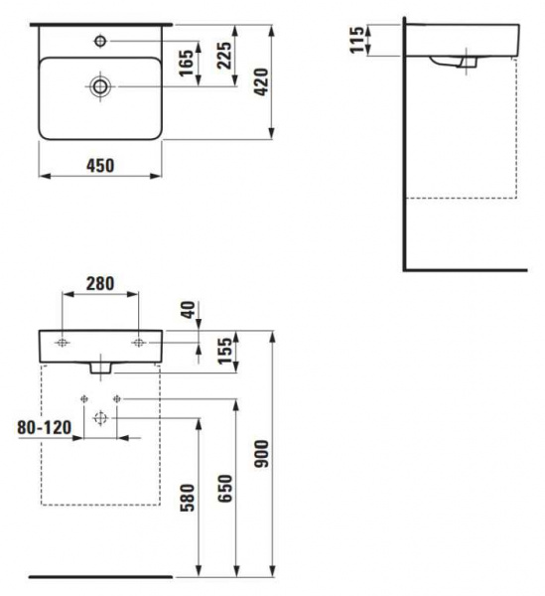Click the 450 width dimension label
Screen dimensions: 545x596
100,166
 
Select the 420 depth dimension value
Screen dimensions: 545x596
261,82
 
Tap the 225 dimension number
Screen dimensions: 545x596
224,56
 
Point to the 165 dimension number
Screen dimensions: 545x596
187,64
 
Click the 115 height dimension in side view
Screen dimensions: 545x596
357,40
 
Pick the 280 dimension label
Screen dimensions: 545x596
100,283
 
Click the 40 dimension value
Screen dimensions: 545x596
189,310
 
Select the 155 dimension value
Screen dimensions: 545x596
224,351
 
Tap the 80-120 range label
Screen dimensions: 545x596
45,427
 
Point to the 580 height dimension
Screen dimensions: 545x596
188,498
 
